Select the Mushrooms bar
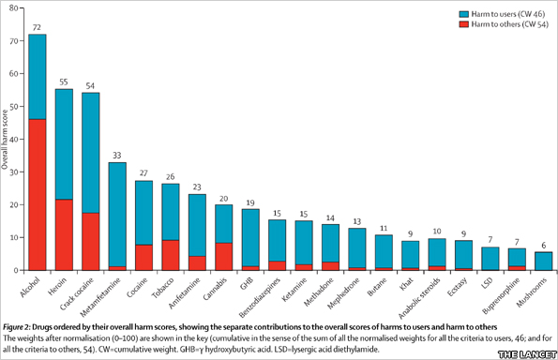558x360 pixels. tap(543, 261)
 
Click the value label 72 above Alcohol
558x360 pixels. tap(38, 27)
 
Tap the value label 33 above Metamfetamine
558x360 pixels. tap(117, 155)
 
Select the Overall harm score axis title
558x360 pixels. tap(7, 141)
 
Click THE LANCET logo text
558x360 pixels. tap(525, 352)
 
